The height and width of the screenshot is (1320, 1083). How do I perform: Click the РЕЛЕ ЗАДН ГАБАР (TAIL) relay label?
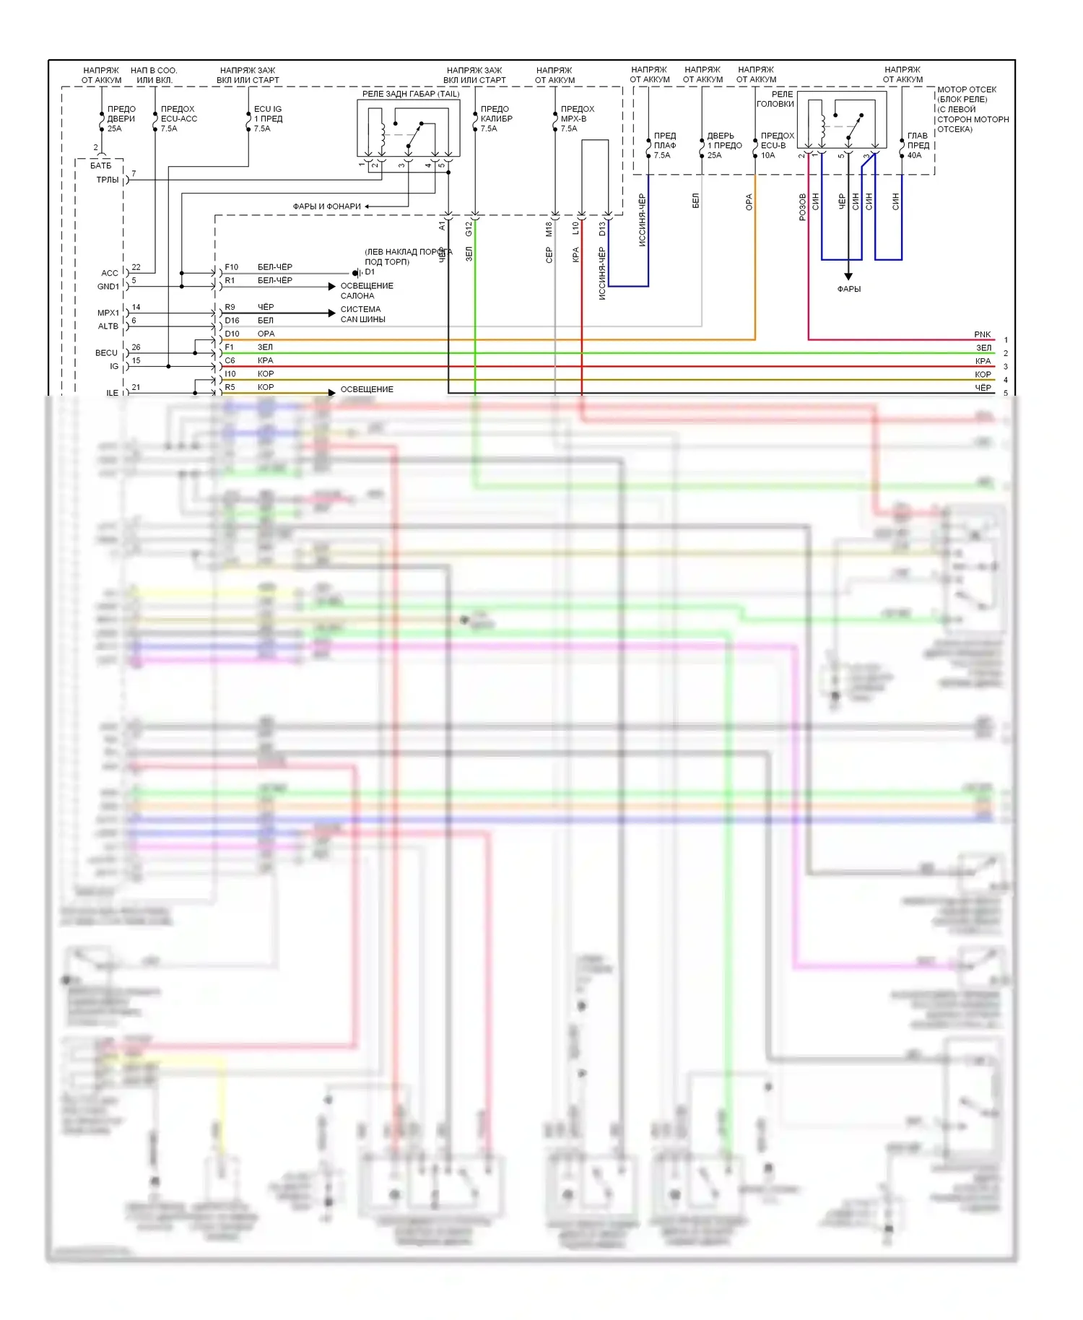(410, 94)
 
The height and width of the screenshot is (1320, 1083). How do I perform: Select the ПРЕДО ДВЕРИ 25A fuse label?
(121, 119)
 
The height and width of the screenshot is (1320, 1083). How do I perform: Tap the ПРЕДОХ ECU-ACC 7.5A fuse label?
(178, 119)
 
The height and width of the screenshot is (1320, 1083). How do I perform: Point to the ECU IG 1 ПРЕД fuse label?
(268, 119)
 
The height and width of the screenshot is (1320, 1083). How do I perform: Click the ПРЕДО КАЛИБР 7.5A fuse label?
(496, 119)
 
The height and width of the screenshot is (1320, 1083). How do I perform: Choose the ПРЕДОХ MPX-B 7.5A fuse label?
(577, 119)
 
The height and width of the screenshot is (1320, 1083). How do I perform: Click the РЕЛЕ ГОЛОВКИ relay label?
(775, 99)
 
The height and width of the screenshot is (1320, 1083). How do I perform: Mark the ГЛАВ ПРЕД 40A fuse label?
(918, 145)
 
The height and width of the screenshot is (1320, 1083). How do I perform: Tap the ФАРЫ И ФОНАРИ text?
(326, 207)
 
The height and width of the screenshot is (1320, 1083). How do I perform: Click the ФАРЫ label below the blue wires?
(848, 289)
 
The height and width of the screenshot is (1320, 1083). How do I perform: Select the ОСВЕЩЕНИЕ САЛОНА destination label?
(367, 291)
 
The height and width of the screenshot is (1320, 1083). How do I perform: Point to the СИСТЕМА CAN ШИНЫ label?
(362, 314)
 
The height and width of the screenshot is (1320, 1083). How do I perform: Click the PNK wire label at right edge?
(982, 334)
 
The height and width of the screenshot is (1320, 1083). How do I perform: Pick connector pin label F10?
(231, 267)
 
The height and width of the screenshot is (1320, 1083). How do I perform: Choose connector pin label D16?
(232, 321)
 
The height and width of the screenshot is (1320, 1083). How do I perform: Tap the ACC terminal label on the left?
(109, 273)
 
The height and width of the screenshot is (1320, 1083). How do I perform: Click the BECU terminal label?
(106, 353)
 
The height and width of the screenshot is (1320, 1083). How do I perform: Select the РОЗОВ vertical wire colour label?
(802, 207)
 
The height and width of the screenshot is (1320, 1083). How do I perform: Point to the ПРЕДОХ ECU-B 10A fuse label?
(777, 145)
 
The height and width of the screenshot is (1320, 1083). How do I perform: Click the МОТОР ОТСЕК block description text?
(972, 109)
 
